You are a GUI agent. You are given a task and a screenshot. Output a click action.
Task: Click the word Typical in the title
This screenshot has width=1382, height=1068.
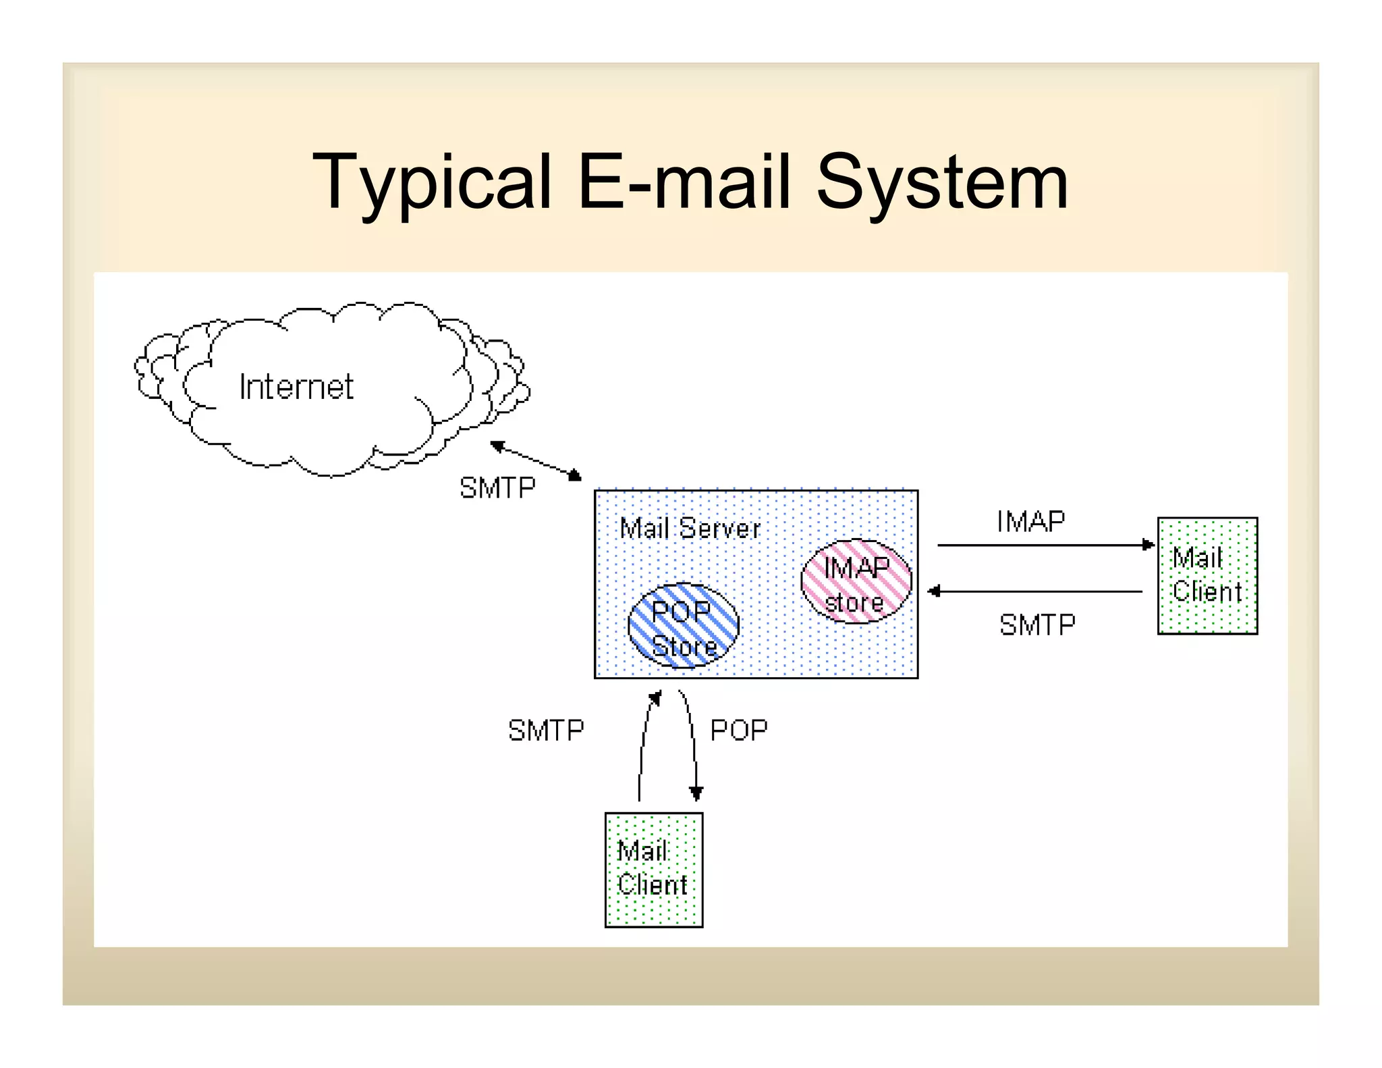432,181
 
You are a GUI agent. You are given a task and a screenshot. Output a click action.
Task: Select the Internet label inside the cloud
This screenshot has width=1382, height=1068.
296,387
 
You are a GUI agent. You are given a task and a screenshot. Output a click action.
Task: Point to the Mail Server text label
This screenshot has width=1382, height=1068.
690,528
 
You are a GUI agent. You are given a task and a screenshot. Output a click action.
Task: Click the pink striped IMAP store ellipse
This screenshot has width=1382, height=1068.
856,581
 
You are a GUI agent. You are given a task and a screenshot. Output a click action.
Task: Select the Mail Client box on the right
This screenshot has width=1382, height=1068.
1207,575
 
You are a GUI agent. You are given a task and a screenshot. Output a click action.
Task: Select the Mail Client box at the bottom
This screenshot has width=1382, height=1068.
653,870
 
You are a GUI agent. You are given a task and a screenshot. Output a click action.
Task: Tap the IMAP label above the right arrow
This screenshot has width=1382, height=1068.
1030,521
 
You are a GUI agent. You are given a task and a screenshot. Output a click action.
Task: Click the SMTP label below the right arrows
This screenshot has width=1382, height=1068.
1037,624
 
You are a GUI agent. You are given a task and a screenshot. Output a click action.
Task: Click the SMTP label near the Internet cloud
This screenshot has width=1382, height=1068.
497,487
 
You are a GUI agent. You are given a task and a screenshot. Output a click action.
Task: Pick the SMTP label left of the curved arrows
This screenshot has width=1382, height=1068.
546,730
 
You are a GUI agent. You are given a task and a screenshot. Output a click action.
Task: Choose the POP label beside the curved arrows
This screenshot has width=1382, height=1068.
739,730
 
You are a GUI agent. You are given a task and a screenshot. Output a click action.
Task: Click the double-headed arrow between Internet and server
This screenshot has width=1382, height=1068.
536,460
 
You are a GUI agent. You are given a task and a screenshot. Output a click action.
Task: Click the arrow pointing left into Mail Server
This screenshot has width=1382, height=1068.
1036,591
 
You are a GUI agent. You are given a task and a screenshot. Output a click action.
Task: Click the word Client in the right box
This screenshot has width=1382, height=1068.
1207,592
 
